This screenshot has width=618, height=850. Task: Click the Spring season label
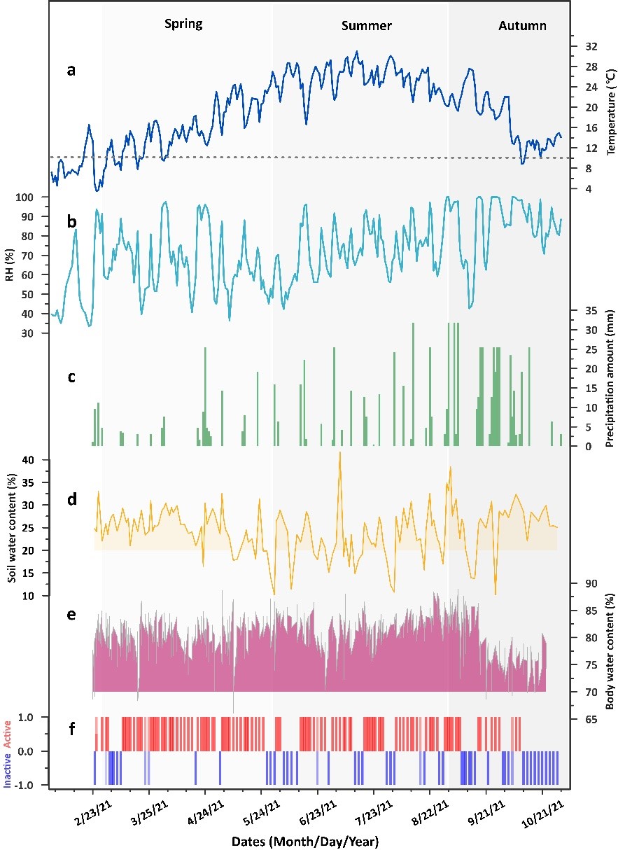183,25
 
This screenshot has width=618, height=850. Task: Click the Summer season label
366,26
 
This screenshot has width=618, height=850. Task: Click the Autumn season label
522,26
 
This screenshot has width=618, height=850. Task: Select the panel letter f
71,709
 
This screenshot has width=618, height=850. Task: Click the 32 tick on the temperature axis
591,46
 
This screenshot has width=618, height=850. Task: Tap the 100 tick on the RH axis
33,197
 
